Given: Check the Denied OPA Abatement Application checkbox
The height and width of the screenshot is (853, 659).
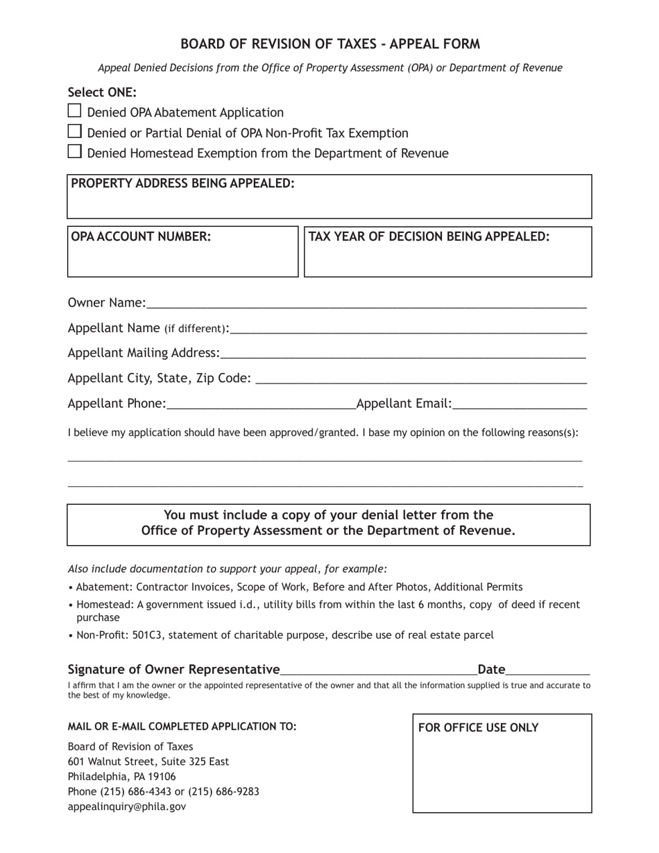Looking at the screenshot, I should [x=74, y=111].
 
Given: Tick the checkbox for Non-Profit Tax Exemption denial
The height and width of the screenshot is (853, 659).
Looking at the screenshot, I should [x=74, y=131].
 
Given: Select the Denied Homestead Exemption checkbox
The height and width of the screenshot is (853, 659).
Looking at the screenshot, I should [x=74, y=151].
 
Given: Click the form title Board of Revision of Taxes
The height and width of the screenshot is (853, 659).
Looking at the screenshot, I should [x=329, y=44].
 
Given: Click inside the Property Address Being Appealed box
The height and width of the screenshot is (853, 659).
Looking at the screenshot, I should [x=329, y=203].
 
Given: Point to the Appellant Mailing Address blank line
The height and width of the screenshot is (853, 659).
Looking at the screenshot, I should [x=402, y=353].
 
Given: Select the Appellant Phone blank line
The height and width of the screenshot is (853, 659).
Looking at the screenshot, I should [x=260, y=404].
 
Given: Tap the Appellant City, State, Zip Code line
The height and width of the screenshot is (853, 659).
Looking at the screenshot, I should [x=421, y=378].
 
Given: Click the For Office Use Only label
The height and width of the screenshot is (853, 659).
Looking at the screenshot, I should [x=478, y=727].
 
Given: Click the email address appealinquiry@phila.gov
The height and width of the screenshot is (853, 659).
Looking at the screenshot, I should [x=126, y=807].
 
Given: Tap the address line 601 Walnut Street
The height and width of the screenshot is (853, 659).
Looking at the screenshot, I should [x=148, y=761].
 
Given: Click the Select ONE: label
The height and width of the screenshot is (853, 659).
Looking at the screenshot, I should [x=102, y=92].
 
